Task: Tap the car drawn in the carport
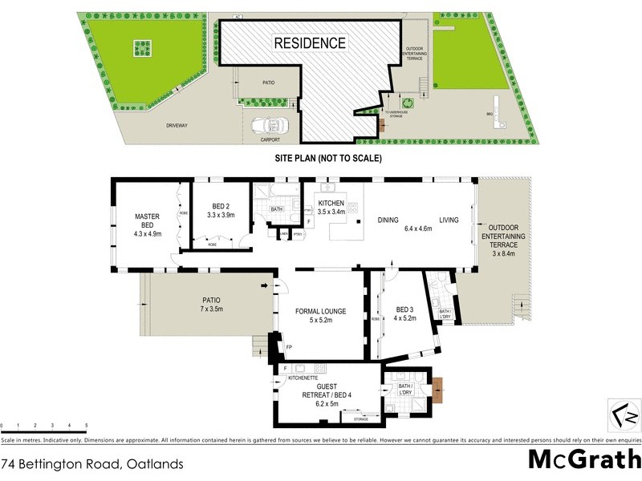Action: click(268, 126)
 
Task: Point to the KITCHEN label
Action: click(331, 204)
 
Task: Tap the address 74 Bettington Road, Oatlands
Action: click(92, 463)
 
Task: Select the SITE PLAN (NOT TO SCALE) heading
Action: click(329, 158)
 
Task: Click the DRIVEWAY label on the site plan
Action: click(177, 126)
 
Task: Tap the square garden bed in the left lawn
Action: click(143, 50)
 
